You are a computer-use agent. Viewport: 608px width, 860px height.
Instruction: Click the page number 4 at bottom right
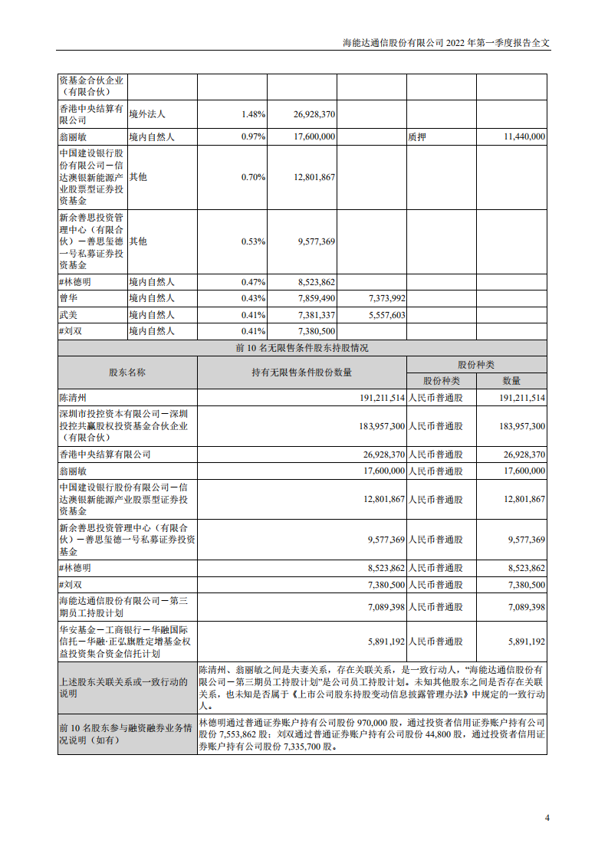(x=547, y=818)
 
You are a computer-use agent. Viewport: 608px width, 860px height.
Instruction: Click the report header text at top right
(x=446, y=43)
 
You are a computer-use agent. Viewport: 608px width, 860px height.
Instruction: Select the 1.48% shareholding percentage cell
(x=253, y=114)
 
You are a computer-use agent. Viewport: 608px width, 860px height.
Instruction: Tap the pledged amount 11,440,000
(x=524, y=136)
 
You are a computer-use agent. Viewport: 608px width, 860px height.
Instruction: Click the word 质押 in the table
(x=417, y=136)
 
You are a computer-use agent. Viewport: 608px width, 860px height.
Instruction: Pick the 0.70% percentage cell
(x=253, y=177)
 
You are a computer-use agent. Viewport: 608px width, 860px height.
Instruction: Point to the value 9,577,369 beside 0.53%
(x=314, y=241)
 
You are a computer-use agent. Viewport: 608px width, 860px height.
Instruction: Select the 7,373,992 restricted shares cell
(x=386, y=297)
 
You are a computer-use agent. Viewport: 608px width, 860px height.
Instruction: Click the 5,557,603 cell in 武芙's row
(x=386, y=314)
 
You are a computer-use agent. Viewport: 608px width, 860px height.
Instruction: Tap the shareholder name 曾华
(x=68, y=297)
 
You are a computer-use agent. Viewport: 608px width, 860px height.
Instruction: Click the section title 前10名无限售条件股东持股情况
(x=302, y=348)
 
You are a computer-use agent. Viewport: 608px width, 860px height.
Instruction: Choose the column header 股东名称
(x=127, y=373)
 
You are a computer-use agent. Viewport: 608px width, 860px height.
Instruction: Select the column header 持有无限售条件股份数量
(x=301, y=373)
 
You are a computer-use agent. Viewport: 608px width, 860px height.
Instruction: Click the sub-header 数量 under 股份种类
(x=511, y=381)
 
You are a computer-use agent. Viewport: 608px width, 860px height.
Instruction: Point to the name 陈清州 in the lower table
(x=74, y=398)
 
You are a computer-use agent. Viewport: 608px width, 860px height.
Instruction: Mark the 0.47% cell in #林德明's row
(x=253, y=281)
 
